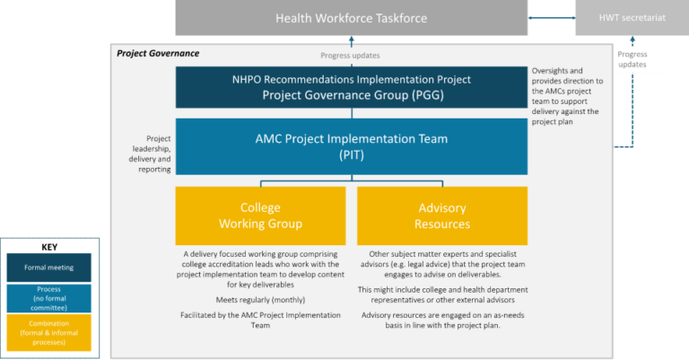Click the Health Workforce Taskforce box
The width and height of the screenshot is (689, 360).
click(x=351, y=18)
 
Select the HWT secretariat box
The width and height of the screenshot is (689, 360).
click(x=631, y=18)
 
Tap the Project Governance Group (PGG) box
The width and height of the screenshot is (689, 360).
click(x=351, y=87)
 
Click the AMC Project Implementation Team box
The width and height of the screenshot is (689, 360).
click(x=351, y=146)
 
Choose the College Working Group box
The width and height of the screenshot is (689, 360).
click(x=260, y=215)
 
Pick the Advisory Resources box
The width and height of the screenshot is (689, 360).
click(x=442, y=215)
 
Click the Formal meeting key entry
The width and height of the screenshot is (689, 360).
click(x=49, y=268)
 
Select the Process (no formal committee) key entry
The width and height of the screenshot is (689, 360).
click(x=49, y=298)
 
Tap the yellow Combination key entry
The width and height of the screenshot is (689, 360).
click(x=49, y=332)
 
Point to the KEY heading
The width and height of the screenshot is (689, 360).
click(x=49, y=246)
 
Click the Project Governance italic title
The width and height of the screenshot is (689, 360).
click(x=158, y=54)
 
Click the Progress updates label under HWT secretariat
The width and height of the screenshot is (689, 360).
click(x=632, y=60)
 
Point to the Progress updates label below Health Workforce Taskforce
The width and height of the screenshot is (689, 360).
click(x=351, y=56)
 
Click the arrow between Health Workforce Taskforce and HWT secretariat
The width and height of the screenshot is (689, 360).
click(x=551, y=17)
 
